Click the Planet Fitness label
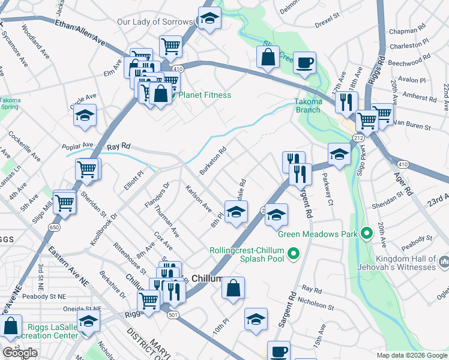point(205,95)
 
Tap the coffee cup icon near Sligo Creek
point(305,62)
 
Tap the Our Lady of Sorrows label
point(155,22)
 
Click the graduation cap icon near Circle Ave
point(85,115)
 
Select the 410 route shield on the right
point(402,163)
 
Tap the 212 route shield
point(358,138)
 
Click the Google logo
point(20,353)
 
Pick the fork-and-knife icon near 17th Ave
point(346,103)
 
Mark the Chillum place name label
point(207,279)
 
